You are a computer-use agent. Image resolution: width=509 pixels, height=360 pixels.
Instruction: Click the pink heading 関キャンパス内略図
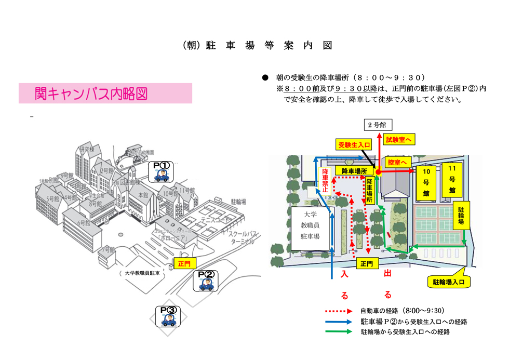click(105, 94)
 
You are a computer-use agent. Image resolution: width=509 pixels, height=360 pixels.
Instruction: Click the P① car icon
click(163, 172)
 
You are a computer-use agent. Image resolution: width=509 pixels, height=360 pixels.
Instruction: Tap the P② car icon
click(206, 281)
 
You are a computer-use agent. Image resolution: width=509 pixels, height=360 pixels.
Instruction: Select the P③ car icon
click(169, 316)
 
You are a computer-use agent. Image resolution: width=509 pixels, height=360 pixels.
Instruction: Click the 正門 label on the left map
click(184, 264)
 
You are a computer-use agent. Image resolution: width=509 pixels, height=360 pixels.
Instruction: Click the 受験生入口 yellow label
click(355, 144)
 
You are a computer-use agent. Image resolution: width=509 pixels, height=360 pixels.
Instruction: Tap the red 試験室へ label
click(400, 139)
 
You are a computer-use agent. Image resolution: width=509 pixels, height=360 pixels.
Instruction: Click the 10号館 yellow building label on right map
click(426, 182)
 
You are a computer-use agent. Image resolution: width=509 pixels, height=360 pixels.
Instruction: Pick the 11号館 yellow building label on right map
click(451, 179)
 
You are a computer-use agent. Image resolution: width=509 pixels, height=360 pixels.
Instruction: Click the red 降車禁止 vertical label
click(326, 180)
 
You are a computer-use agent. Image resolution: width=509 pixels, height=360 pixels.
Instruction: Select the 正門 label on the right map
click(366, 263)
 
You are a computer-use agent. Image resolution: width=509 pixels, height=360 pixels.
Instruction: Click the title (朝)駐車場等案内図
click(257, 46)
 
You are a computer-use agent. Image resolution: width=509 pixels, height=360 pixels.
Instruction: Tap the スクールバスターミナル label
click(242, 238)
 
